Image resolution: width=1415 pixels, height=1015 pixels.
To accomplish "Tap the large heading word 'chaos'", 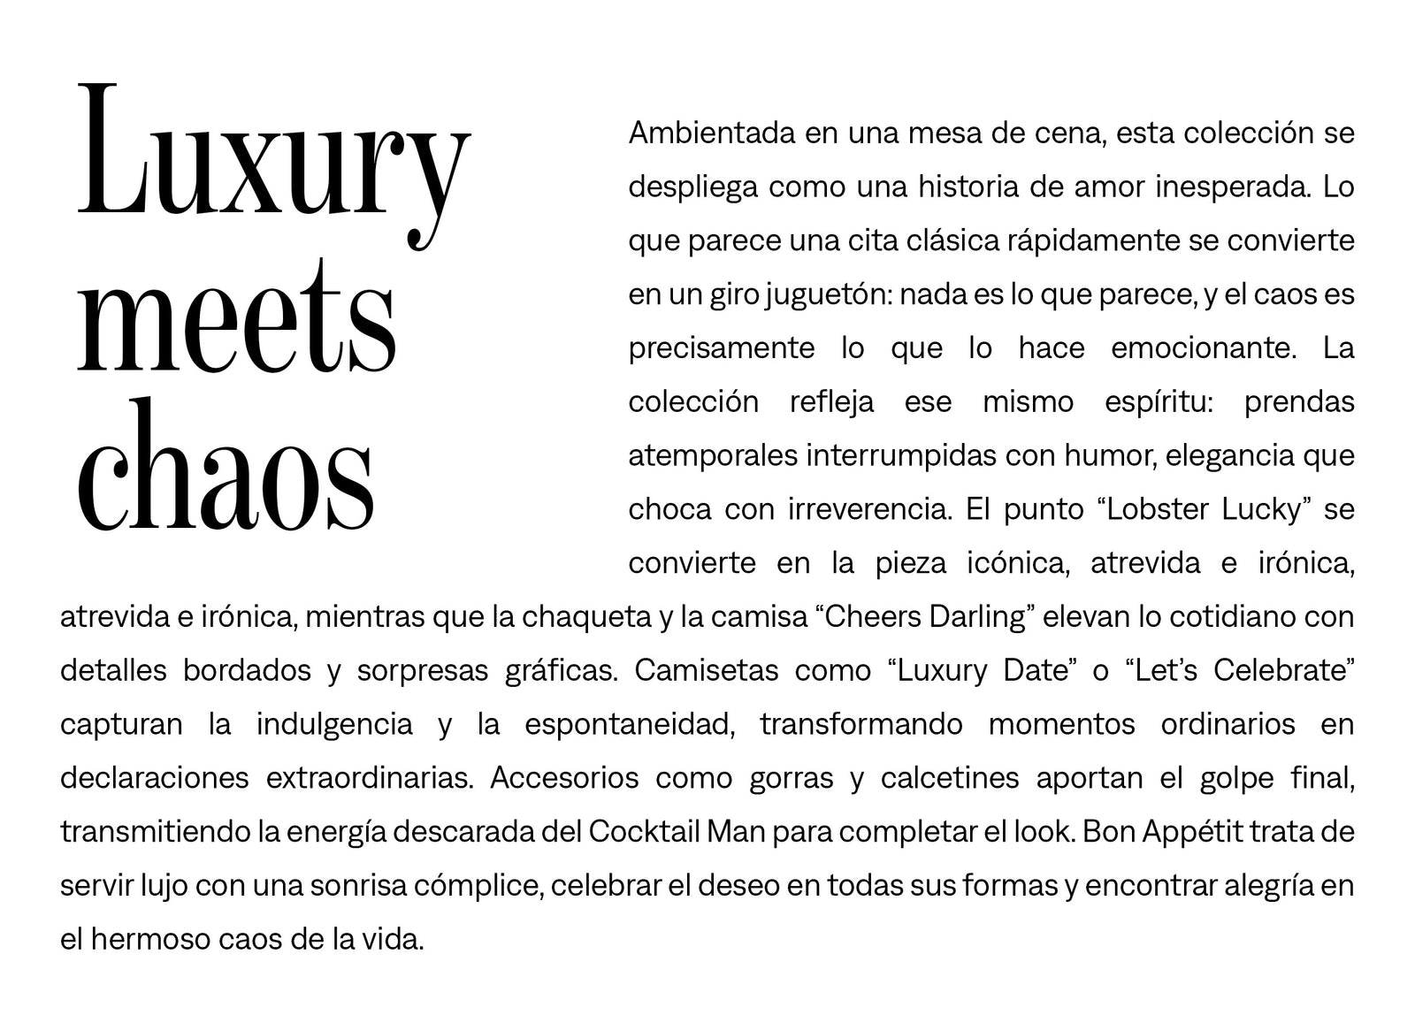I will coord(226,467).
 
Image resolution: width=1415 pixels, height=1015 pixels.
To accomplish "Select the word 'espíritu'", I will coord(1159,402).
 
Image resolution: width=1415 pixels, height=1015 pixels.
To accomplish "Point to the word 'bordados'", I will coord(247,671).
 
